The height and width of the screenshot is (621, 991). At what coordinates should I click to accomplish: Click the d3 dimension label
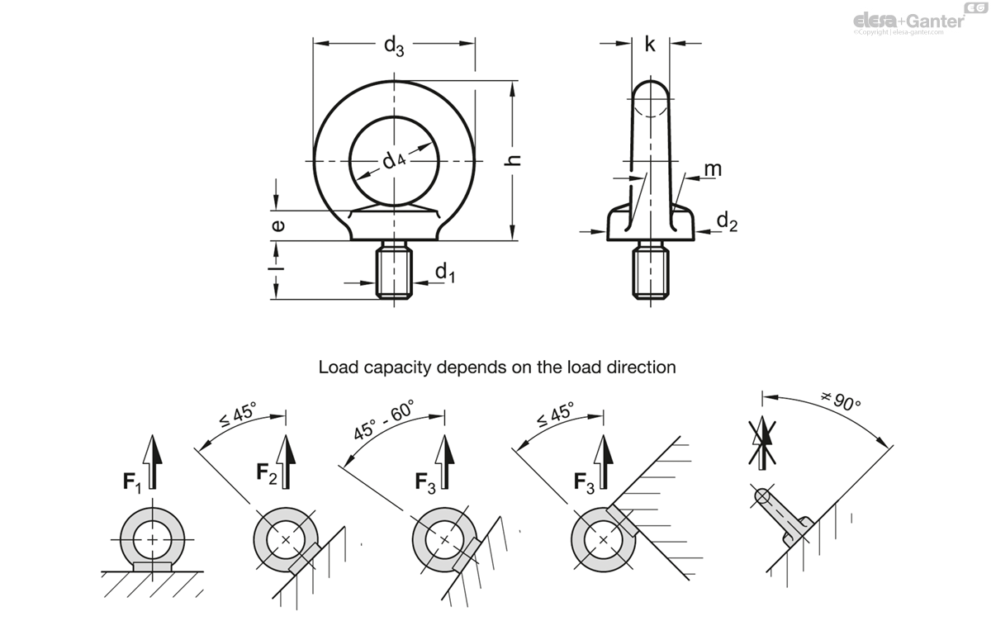click(x=394, y=47)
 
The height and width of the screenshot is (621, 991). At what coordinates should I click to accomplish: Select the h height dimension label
click(x=515, y=161)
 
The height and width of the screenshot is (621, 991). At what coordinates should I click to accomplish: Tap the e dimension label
click(x=278, y=224)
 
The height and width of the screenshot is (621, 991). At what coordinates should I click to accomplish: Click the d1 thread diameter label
click(x=444, y=272)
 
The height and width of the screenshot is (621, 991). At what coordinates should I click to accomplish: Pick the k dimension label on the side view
click(x=650, y=45)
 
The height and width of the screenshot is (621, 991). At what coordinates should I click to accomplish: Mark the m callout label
click(x=712, y=169)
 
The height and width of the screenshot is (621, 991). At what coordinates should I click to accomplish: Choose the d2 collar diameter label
click(x=726, y=220)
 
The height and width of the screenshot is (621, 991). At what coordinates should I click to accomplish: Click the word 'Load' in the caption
click(x=338, y=367)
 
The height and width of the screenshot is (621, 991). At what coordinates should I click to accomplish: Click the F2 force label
click(x=266, y=472)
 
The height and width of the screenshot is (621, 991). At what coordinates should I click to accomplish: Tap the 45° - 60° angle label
click(x=383, y=420)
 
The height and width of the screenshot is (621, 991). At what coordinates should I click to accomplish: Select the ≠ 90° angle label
click(x=841, y=402)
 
